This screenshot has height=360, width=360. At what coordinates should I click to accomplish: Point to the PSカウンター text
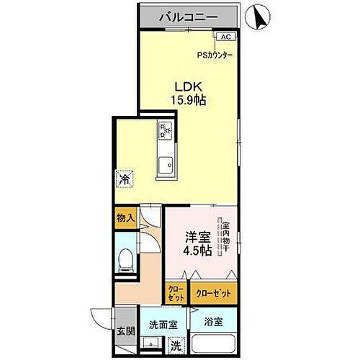coord(215,53)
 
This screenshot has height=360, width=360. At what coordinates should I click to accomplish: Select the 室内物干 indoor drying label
coord(225,235)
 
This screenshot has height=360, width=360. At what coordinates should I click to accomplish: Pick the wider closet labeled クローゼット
coord(214,292)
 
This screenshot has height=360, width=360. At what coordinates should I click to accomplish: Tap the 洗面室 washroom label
coord(163,324)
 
